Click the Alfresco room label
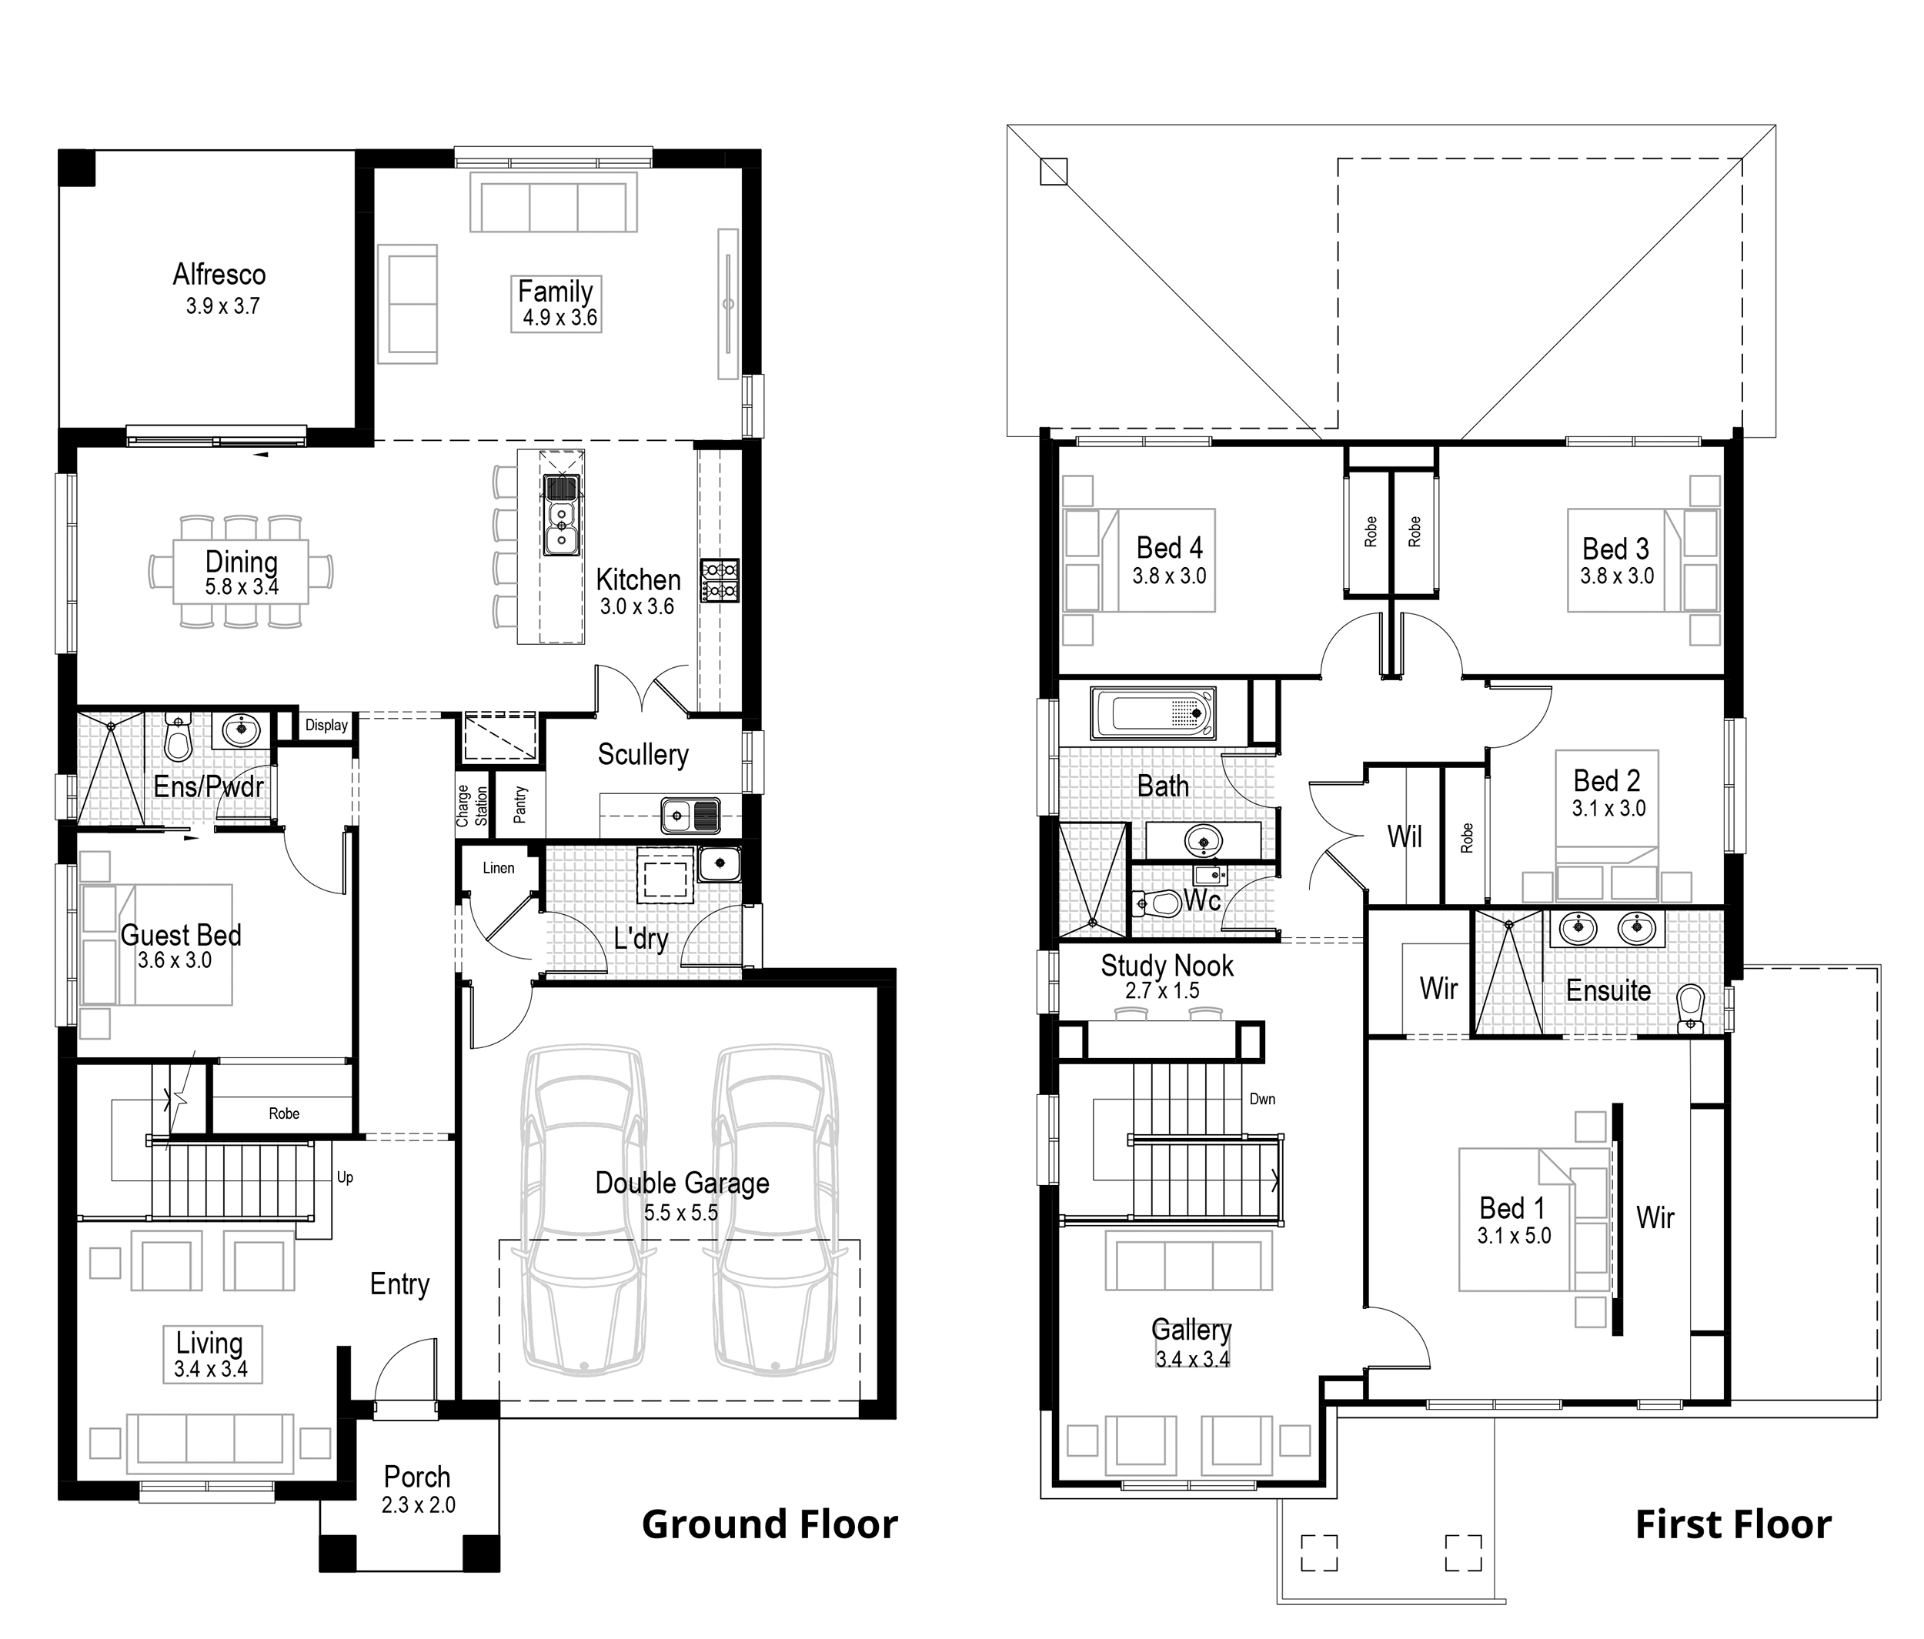click(219, 275)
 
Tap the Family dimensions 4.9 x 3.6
click(559, 318)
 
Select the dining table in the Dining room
click(239, 572)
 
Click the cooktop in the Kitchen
click(720, 580)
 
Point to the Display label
click(326, 726)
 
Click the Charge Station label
click(472, 805)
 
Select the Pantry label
click(520, 804)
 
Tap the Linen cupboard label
click(498, 868)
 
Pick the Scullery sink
click(690, 816)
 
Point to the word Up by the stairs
click(345, 1177)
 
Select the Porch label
click(417, 1477)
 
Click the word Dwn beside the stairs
click(1262, 1099)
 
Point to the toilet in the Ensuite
click(1690, 1006)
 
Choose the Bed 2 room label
click(1606, 781)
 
